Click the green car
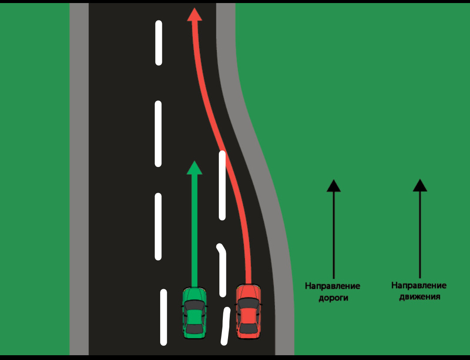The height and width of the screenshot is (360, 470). pos(194,313)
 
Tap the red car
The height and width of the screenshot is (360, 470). pos(248,311)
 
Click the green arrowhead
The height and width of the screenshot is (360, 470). pos(195,168)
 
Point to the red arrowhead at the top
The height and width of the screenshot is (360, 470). pos(195,14)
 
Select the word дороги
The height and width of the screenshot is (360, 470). pos(333,298)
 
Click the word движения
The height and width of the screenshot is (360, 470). pos(420,297)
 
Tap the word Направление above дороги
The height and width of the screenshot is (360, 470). pos(332,286)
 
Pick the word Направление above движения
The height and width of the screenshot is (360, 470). pos(419,286)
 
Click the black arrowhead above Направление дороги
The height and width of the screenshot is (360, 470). pos(333,186)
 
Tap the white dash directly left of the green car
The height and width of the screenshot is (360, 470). pos(164,317)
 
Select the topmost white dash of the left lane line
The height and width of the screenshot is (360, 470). pos(159,43)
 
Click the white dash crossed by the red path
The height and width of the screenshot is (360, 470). pos(222,185)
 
